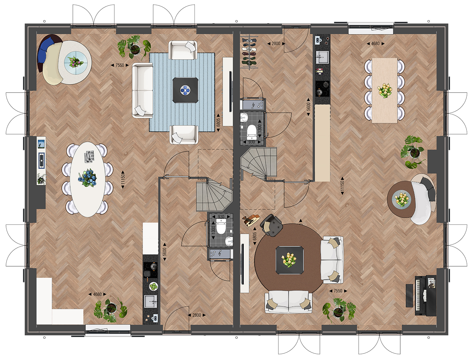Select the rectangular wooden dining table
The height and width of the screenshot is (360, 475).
click(x=385, y=90)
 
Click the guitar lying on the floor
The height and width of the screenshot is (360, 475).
click(x=252, y=220)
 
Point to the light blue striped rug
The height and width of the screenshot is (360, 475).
click(x=182, y=92)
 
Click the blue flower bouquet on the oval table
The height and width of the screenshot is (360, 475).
click(x=87, y=178)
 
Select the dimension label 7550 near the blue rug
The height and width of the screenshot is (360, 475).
click(x=120, y=65)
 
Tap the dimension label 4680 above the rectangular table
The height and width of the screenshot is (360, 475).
click(x=375, y=43)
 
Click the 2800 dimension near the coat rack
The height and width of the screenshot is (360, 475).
click(x=276, y=43)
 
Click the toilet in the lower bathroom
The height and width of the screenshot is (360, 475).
click(x=221, y=226)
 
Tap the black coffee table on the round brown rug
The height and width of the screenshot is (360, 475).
click(x=290, y=260)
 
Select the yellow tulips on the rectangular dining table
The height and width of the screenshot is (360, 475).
click(x=385, y=90)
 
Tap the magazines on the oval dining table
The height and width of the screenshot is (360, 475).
click(x=89, y=156)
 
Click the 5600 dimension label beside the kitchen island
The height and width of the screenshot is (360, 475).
click(x=308, y=107)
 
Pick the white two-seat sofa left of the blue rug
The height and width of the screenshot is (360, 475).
click(x=143, y=90)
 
